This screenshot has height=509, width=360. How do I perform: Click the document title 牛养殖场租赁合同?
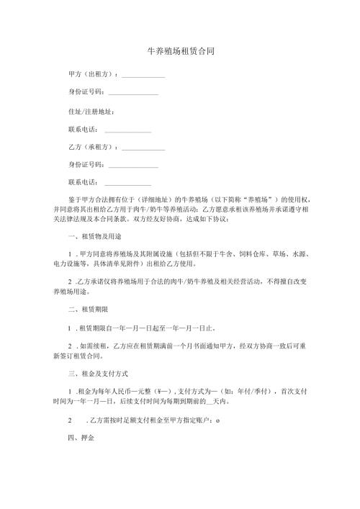point(180,53)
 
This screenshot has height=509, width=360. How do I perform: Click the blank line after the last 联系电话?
point(128,184)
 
